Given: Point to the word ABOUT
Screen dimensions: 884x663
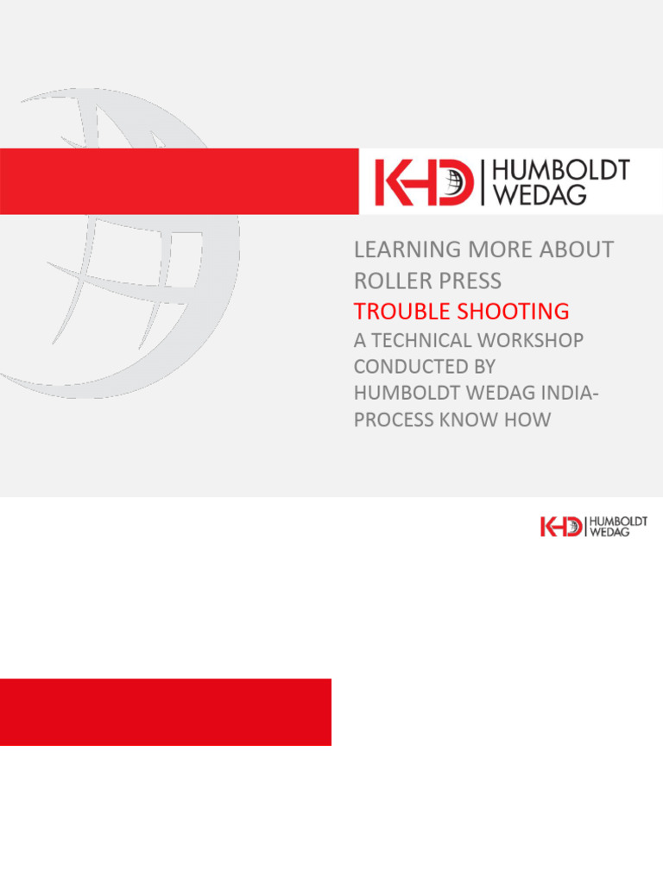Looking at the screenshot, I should [x=578, y=250].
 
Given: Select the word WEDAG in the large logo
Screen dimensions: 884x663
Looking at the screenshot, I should [x=539, y=195].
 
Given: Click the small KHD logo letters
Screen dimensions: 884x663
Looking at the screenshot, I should [x=561, y=527].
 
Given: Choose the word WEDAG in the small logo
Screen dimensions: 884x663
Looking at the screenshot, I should [x=609, y=533].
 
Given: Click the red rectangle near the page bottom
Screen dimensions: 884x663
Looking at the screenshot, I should [x=166, y=712].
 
